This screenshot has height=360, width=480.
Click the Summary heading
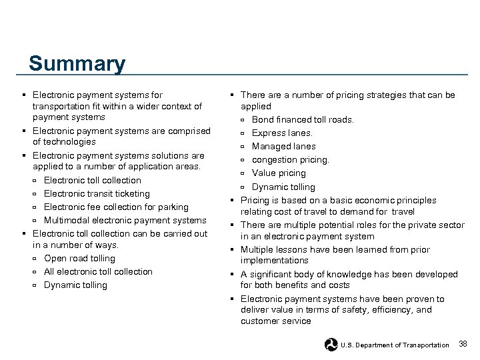[77, 65]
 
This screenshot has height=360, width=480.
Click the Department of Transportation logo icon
[331, 344]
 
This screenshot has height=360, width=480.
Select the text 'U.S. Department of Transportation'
[395, 345]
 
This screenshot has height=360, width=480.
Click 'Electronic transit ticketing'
[97, 193]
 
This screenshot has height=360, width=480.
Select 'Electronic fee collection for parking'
[116, 207]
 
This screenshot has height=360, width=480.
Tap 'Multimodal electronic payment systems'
[125, 220]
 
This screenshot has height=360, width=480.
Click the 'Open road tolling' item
[79, 258]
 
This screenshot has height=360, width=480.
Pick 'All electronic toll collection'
[98, 271]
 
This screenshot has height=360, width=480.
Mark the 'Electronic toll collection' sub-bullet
[92, 180]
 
